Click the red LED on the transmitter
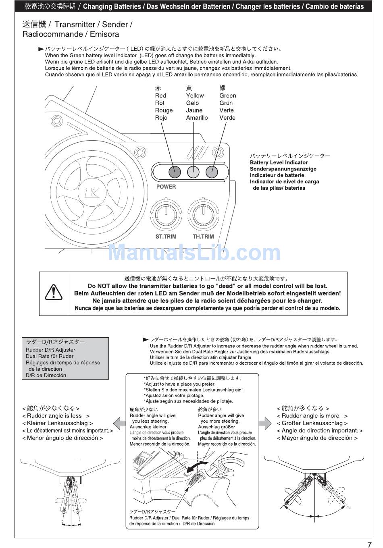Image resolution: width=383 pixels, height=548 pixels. [x=174, y=172]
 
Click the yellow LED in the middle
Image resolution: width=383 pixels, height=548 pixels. [x=194, y=172]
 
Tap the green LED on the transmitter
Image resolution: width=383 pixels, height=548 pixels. [x=212, y=172]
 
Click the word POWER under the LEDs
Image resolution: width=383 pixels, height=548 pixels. [x=166, y=187]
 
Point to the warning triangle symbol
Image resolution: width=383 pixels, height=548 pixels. [x=53, y=292]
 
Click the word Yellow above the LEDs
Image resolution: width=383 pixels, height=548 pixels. [x=195, y=95]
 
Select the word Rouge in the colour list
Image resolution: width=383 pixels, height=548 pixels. [x=164, y=110]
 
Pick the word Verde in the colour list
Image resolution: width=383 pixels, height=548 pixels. [x=227, y=118]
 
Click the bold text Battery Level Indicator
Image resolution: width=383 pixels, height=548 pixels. [x=279, y=162]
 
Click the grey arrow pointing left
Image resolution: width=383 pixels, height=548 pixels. [x=119, y=423]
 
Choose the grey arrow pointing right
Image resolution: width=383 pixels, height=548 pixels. [x=265, y=423]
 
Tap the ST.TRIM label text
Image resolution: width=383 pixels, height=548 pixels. [x=166, y=237]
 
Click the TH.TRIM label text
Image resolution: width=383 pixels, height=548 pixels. [x=203, y=237]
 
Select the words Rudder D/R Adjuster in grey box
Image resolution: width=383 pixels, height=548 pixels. [x=50, y=350]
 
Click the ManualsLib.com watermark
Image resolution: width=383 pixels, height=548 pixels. [x=194, y=253]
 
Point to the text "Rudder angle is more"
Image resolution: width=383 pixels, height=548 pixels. [x=310, y=416]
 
